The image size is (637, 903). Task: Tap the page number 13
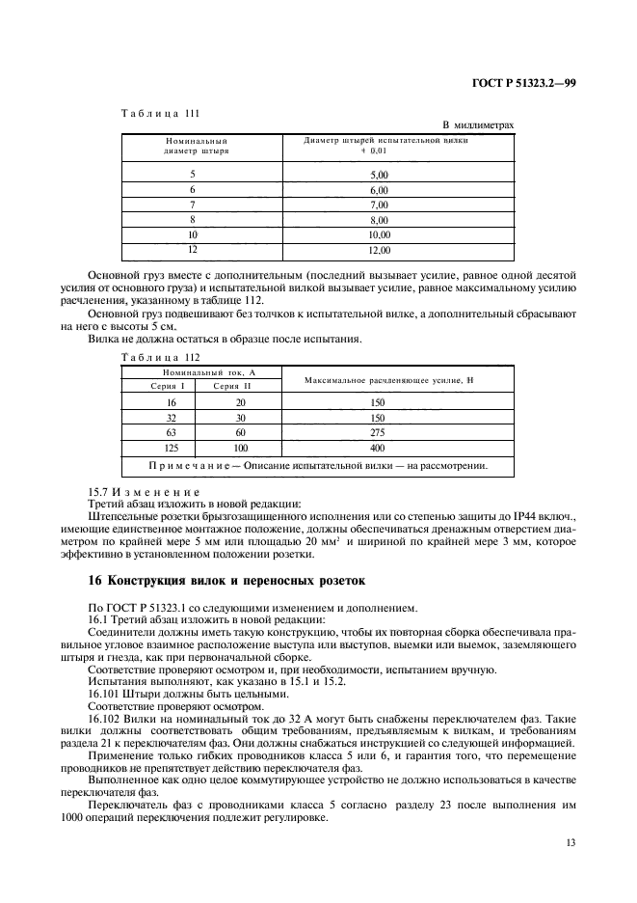571,843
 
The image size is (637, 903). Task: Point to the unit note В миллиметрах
478,125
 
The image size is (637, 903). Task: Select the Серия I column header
158,386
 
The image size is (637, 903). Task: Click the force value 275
377,434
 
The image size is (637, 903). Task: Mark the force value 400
377,449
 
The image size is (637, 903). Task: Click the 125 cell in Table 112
158,449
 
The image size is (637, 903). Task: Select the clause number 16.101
104,693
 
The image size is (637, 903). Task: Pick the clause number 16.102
104,719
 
